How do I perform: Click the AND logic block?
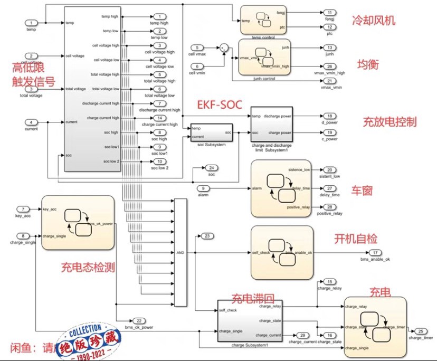[180, 252]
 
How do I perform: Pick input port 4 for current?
[33, 122]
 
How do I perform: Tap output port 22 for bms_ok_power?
[139, 320]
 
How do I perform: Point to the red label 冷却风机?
[374, 21]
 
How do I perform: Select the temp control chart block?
[264, 20]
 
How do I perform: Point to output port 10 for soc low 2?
[159, 161]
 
